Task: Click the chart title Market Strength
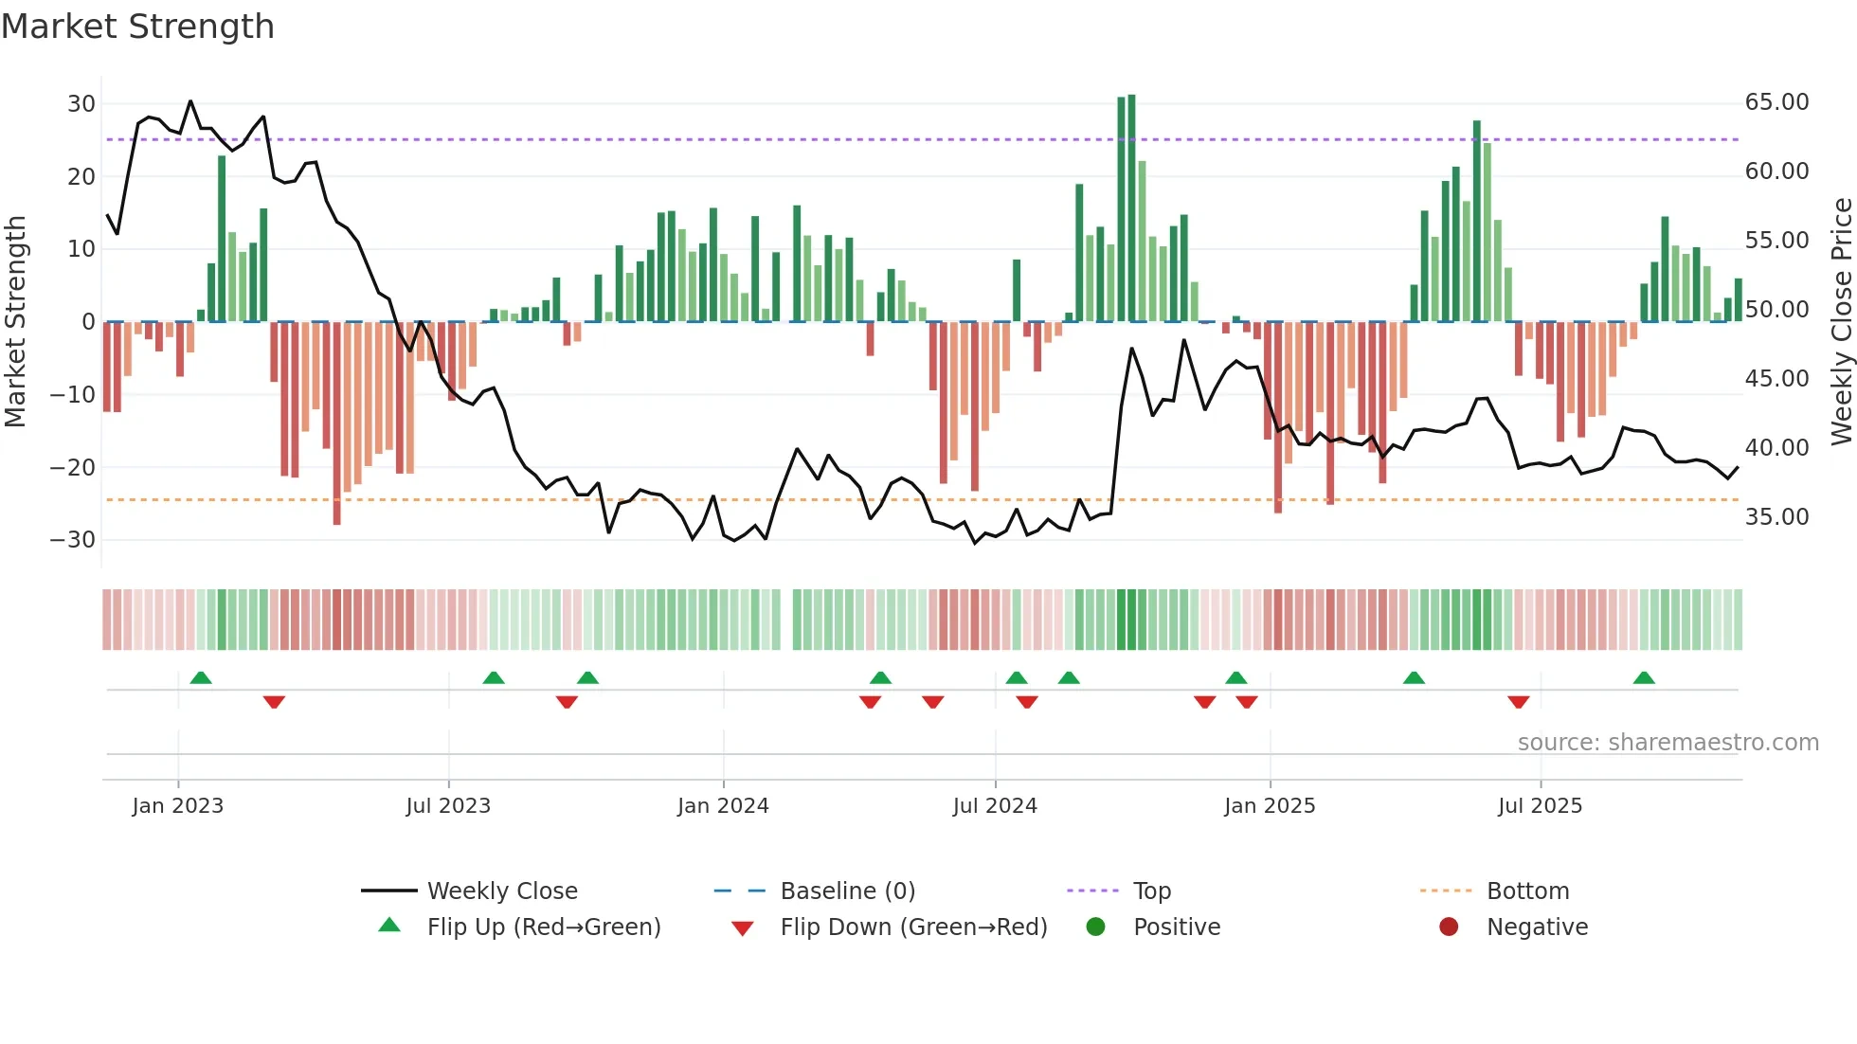click(137, 27)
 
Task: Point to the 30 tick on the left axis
click(81, 104)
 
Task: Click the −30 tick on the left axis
click(73, 540)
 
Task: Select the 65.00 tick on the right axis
click(1776, 102)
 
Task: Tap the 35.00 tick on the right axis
click(1776, 517)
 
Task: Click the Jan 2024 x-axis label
click(723, 806)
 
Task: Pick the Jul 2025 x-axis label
click(1540, 806)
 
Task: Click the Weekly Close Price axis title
click(1841, 322)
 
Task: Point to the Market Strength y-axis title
click(16, 322)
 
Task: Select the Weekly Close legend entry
click(501, 891)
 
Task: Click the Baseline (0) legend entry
click(847, 891)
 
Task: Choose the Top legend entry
click(1151, 891)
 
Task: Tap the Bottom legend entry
click(1527, 891)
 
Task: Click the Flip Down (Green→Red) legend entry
click(913, 927)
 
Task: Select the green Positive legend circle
click(1096, 927)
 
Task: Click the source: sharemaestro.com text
click(1668, 743)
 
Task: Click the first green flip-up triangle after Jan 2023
click(201, 678)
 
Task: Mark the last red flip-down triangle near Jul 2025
click(1518, 702)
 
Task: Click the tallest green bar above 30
click(1131, 208)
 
